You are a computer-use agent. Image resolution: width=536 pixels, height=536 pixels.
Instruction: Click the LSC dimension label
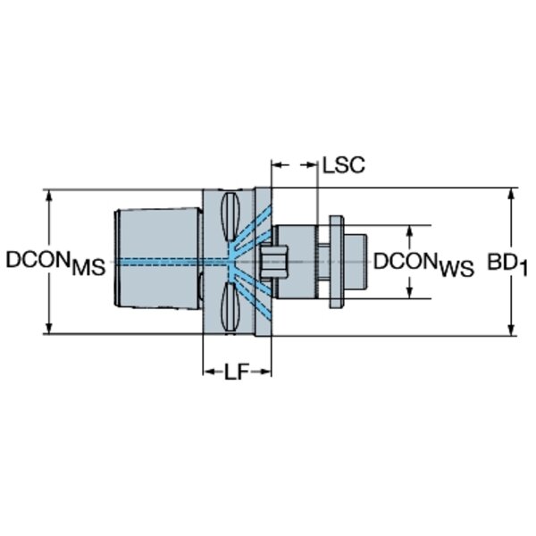pos(344,165)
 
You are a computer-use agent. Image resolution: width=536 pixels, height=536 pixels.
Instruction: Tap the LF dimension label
pos(236,372)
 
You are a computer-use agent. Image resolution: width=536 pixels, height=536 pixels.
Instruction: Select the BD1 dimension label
pos(507,264)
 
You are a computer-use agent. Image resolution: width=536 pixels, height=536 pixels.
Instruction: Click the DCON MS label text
pos(55,263)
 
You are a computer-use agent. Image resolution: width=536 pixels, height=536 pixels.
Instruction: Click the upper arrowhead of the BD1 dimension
pos(511,194)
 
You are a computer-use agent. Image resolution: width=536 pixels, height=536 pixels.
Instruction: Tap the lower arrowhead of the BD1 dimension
pos(511,330)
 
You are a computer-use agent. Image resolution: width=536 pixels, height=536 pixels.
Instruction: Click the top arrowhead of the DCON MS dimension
pos(49,196)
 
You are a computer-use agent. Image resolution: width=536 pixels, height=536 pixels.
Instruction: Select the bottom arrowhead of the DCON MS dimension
pos(49,328)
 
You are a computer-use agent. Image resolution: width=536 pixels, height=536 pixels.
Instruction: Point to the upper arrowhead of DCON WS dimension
pos(410,231)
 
